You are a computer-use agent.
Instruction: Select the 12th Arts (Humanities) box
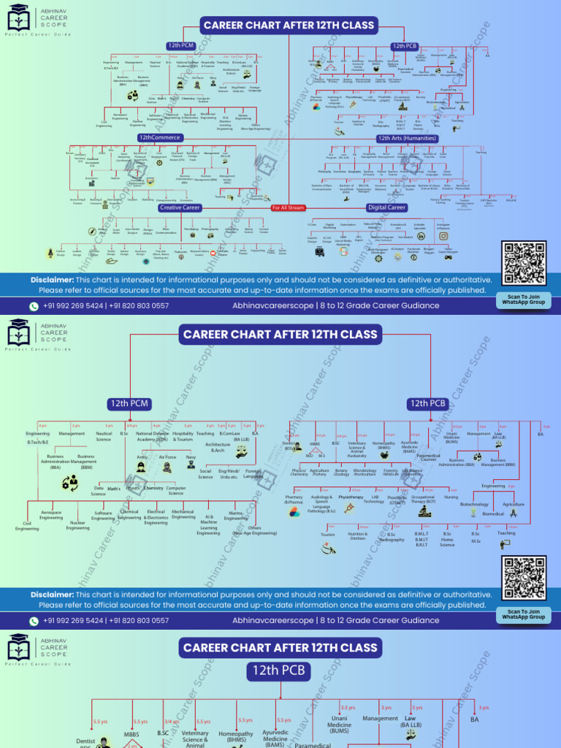pyautogui.click(x=407, y=138)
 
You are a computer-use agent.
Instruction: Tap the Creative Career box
pyautogui.click(x=180, y=208)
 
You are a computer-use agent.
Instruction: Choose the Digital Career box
pyautogui.click(x=386, y=208)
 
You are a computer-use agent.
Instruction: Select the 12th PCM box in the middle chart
pyautogui.click(x=129, y=403)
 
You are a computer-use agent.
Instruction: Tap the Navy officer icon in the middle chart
pyautogui.click(x=191, y=466)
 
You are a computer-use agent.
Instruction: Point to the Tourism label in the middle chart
pyautogui.click(x=327, y=534)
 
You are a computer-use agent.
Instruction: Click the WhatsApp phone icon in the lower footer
pyautogui.click(x=34, y=620)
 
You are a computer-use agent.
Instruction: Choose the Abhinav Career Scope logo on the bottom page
pyautogui.click(x=19, y=650)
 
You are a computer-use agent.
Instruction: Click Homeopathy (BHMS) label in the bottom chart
pyautogui.click(x=236, y=737)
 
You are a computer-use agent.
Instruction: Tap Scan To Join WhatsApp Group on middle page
pyautogui.click(x=524, y=614)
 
